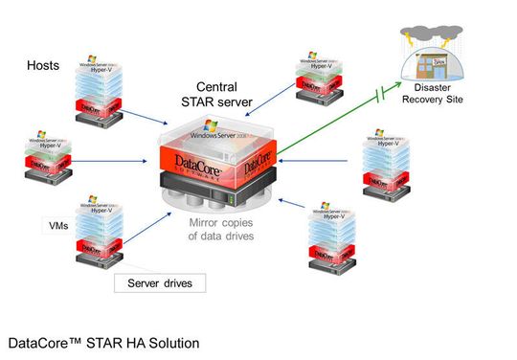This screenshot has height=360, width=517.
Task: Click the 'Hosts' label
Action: pos(44,66)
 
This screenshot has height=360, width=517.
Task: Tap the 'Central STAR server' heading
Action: pos(223,95)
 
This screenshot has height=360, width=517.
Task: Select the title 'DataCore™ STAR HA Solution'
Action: pos(103,341)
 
